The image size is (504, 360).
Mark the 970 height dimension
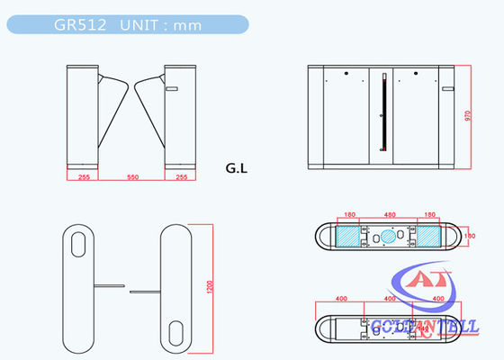pyautogui.click(x=467, y=120)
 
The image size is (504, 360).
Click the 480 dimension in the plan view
pyautogui.click(x=390, y=215)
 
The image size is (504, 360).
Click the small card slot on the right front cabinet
pyautogui.click(x=174, y=89)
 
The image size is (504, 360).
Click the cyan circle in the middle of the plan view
pyautogui.click(x=390, y=236)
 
